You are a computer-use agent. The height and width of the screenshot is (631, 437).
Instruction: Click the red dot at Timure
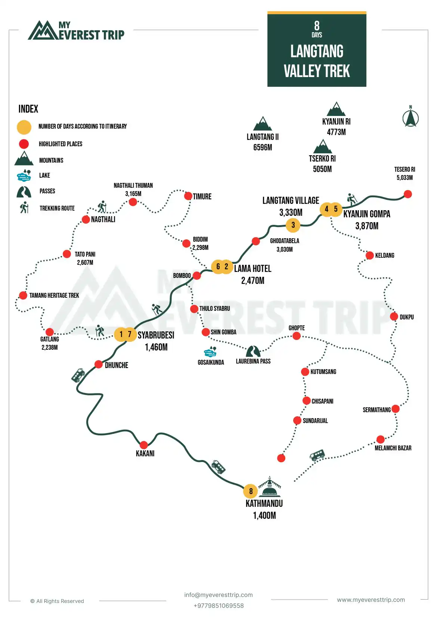coord(188,196)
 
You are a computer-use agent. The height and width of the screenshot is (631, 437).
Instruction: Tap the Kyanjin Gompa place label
coord(367,214)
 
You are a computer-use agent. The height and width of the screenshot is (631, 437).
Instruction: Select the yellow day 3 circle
coord(293,225)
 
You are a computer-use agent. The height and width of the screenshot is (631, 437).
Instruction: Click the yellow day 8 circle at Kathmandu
coord(251,491)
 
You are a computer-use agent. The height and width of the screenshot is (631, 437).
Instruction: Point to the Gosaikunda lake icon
coord(210,352)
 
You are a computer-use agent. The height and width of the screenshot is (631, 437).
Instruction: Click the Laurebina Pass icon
coord(253,351)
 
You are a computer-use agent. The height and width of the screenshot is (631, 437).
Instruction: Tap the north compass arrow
coord(410,118)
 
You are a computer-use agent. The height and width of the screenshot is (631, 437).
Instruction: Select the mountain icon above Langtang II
coord(263,124)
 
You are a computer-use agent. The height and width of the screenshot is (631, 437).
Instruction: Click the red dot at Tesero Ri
coord(408,194)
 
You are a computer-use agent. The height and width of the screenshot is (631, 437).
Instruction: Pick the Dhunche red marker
coord(99,364)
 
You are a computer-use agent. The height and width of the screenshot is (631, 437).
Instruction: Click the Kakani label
coord(145,453)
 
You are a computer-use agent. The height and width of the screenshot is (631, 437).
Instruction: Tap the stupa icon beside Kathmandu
coord(270,487)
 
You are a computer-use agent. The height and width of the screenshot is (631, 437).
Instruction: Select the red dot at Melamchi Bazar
coord(380,439)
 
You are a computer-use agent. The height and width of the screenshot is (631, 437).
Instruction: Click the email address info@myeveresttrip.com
coord(218,595)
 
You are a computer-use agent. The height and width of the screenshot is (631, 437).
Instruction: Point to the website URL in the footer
coord(371,600)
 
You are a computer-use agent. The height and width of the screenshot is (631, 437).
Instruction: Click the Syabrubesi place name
coord(156,335)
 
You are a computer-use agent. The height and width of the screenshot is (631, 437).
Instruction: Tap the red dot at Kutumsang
coord(305,371)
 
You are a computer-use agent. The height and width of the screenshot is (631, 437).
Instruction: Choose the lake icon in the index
coord(24,175)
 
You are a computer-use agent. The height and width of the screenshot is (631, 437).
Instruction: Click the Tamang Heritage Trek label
coord(54,295)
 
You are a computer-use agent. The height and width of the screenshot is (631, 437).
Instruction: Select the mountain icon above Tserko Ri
coord(323,147)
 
